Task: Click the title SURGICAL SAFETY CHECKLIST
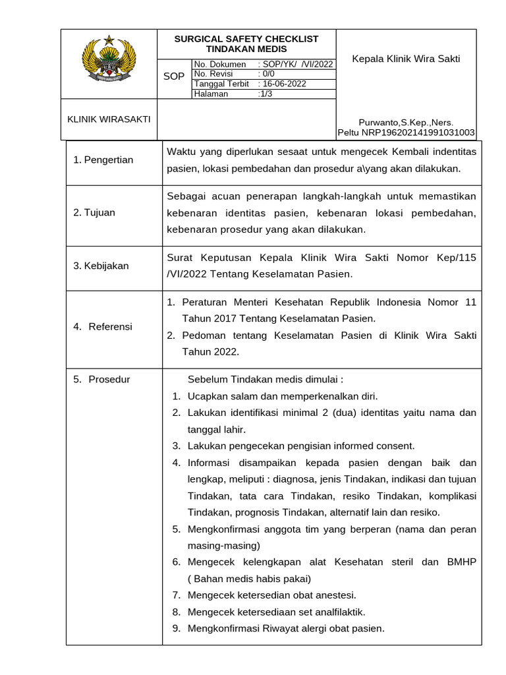246,39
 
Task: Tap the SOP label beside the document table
174,76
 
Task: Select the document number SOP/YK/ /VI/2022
297,64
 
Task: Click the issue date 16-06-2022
284,84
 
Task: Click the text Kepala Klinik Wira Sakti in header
406,59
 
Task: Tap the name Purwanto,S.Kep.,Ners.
406,122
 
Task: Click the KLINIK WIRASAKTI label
109,119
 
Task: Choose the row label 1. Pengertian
103,160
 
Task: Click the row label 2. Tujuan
94,212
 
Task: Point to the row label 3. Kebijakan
101,266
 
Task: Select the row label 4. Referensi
103,326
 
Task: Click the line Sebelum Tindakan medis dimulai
266,380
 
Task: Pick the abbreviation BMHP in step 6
461,562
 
